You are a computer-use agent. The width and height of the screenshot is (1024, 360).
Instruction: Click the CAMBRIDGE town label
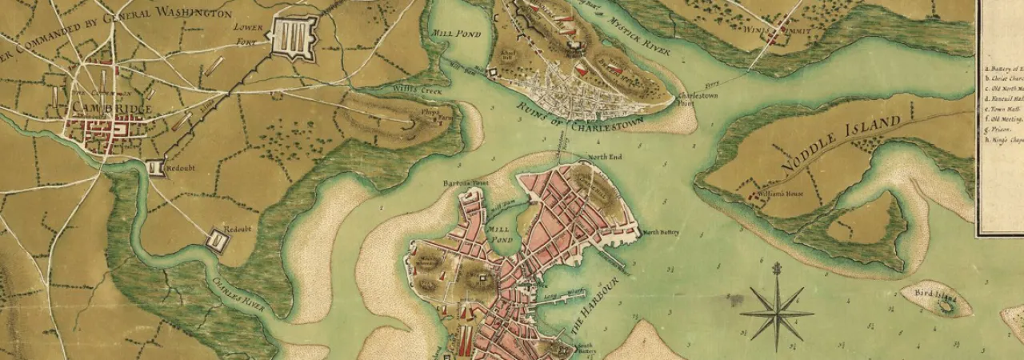(99, 107)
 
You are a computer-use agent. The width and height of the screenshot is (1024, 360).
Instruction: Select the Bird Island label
(936, 299)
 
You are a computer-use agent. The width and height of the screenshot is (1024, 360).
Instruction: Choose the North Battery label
(661, 233)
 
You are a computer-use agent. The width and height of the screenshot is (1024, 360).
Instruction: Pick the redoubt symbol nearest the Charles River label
(217, 239)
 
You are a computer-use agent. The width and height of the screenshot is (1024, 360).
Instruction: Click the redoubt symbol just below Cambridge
(157, 167)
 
